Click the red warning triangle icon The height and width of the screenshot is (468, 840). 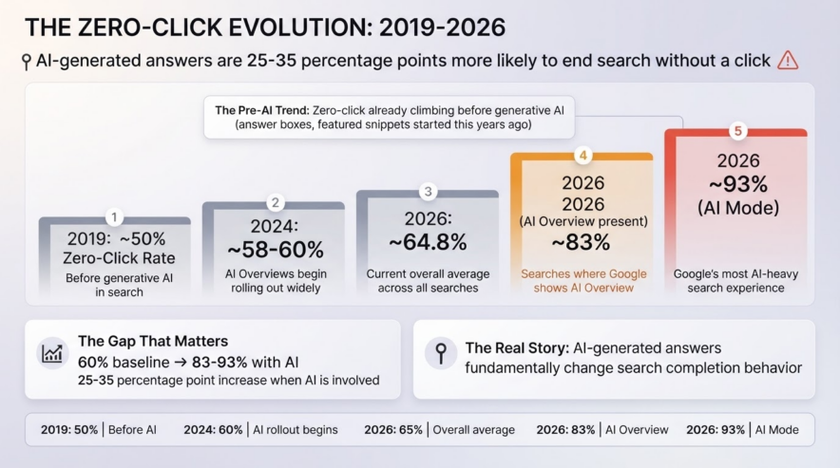click(788, 60)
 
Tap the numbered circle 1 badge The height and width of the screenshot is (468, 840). click(114, 217)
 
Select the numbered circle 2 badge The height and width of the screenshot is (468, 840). click(275, 202)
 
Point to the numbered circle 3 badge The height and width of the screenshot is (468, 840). click(428, 191)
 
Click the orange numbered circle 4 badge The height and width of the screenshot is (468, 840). click(582, 156)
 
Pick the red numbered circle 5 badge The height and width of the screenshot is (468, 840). click(737, 131)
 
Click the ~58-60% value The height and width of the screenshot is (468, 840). click(276, 249)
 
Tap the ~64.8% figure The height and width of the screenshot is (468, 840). click(428, 242)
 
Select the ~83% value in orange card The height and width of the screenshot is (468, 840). click(581, 243)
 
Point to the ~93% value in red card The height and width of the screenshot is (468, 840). click(738, 184)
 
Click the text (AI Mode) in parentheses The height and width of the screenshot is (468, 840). click(738, 208)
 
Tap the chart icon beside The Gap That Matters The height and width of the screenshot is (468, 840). click(52, 353)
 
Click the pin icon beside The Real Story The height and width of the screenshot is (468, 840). click(441, 353)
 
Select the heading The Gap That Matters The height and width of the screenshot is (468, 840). click(153, 341)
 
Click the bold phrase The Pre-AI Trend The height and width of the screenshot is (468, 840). click(262, 110)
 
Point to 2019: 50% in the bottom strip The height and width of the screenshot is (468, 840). click(69, 429)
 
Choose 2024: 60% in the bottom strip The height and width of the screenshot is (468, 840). click(213, 429)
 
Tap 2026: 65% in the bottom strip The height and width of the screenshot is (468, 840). click(393, 429)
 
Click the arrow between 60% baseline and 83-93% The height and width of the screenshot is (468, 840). click(181, 363)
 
